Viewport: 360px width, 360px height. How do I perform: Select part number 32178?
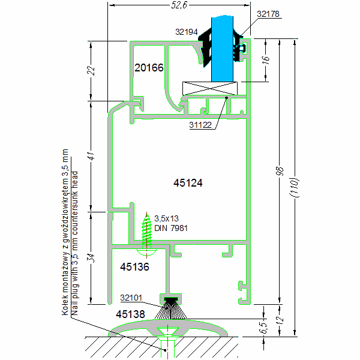coord(268,13)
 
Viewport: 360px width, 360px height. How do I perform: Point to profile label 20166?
coord(149,68)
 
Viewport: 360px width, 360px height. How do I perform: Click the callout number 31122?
coord(202,125)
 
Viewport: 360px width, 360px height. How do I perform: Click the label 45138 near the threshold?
coord(131,313)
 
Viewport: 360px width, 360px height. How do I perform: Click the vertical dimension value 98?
coord(278,171)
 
